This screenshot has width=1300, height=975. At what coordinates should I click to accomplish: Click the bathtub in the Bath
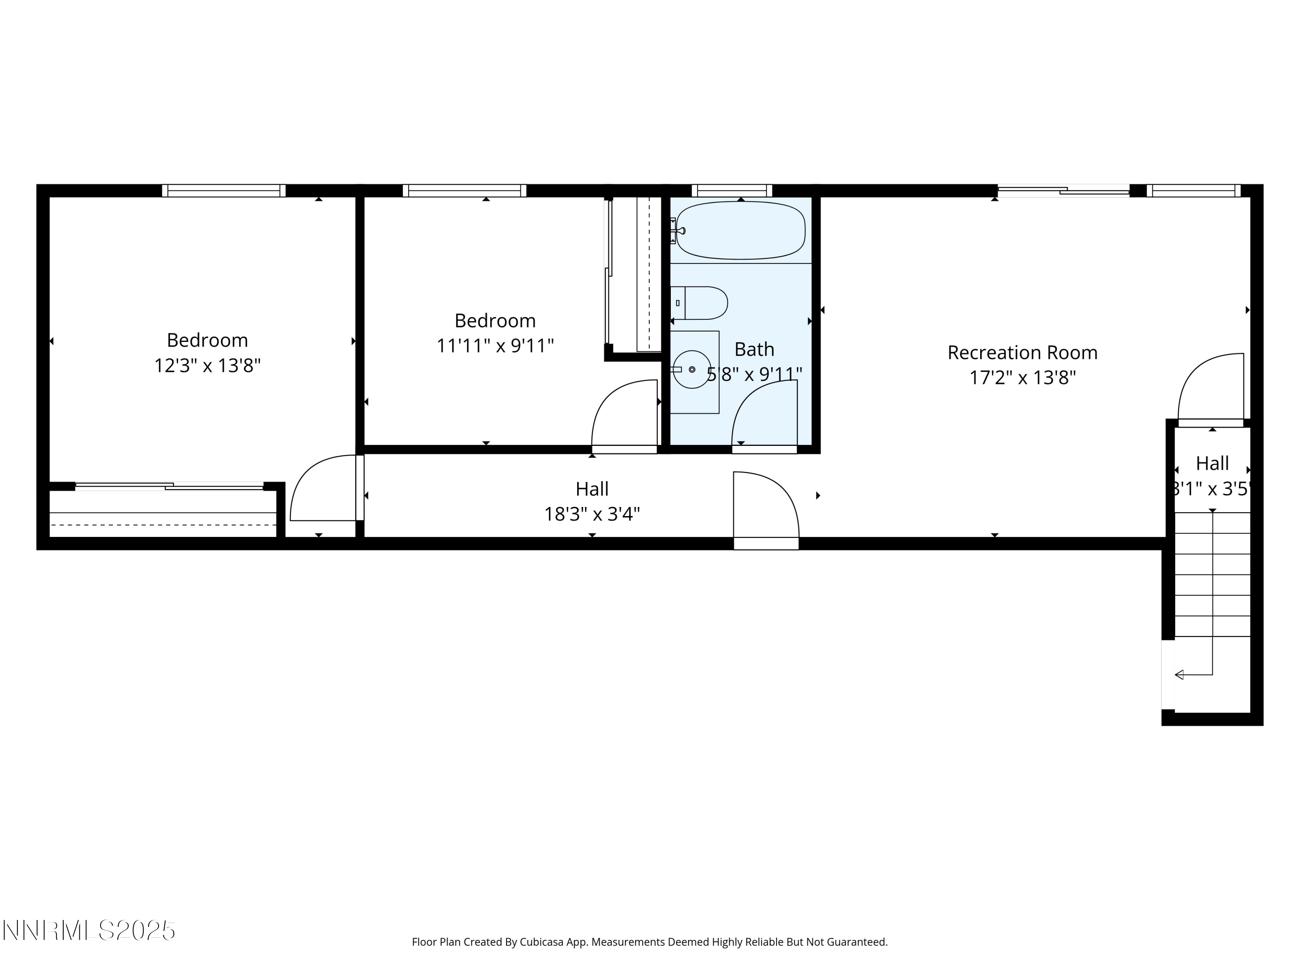tap(741, 231)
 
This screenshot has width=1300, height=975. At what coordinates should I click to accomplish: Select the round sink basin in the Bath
tap(692, 369)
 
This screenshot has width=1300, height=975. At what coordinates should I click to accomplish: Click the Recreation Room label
tap(1022, 353)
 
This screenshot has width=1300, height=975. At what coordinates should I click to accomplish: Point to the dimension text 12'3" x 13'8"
tap(207, 366)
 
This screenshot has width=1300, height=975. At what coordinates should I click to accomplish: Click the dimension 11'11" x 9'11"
tap(495, 345)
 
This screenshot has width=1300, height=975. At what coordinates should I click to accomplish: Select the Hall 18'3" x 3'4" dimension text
tap(592, 514)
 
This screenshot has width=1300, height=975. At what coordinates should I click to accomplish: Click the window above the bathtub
tap(732, 190)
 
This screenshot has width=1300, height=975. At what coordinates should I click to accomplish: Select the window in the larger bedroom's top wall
tap(223, 190)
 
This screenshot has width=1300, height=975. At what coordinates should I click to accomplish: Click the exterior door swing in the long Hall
tap(766, 505)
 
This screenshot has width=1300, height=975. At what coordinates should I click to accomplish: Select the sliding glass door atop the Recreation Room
tap(1063, 190)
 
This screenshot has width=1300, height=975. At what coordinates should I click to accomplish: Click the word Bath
tap(754, 350)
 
